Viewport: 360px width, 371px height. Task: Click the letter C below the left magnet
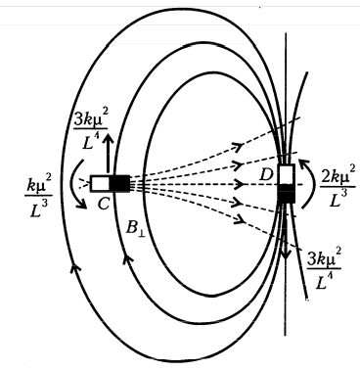coord(104,204)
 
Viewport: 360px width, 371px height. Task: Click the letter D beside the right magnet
coord(266,175)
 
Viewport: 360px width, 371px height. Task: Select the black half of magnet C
coord(119,184)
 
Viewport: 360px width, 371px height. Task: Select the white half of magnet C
coord(100,184)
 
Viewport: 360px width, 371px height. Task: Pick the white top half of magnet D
coord(287,174)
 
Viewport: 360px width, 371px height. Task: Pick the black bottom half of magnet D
coord(287,194)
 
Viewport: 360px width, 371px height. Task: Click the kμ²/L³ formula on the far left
coord(38,198)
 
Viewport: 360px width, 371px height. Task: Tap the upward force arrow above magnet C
coord(108,155)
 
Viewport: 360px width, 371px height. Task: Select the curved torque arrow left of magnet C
coord(76,184)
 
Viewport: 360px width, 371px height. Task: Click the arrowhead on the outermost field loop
coord(75,267)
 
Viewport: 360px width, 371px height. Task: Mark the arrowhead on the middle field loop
coord(128,258)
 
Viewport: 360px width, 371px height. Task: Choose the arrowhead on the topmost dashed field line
coord(240,147)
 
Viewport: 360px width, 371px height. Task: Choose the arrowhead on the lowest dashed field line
coord(240,220)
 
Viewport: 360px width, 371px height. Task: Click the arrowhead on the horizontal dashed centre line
coord(239,184)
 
